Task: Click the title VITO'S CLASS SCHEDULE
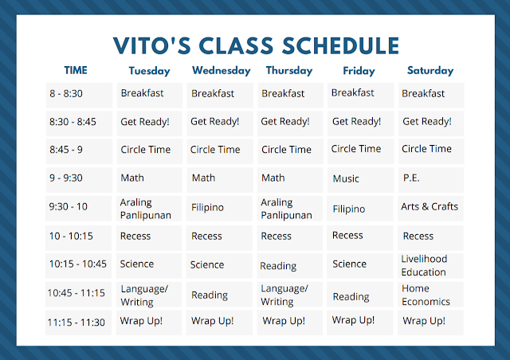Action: pos(256,45)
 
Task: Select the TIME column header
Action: pos(76,70)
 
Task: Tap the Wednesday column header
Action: pos(222,71)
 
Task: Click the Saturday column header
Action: pos(430,71)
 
